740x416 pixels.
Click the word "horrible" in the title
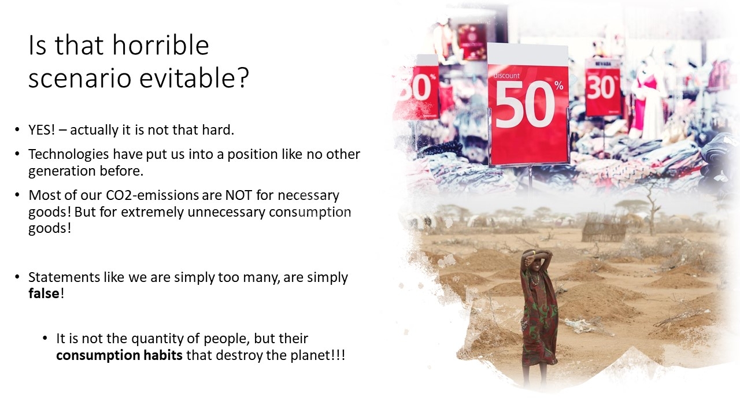pyautogui.click(x=161, y=45)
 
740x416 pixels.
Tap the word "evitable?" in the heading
pyautogui.click(x=194, y=78)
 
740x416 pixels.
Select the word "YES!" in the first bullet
pyautogui.click(x=42, y=130)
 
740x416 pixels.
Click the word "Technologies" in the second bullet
pyautogui.click(x=69, y=154)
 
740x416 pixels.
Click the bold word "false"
pyautogui.click(x=43, y=293)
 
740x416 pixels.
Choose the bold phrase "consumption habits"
pyautogui.click(x=119, y=355)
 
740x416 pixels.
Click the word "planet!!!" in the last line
pyautogui.click(x=318, y=355)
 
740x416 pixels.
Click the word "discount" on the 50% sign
pyautogui.click(x=506, y=76)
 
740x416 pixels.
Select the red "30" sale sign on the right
pyautogui.click(x=602, y=87)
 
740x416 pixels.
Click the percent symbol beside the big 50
pyautogui.click(x=559, y=86)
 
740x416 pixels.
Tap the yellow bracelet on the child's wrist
pyautogui.click(x=533, y=253)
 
